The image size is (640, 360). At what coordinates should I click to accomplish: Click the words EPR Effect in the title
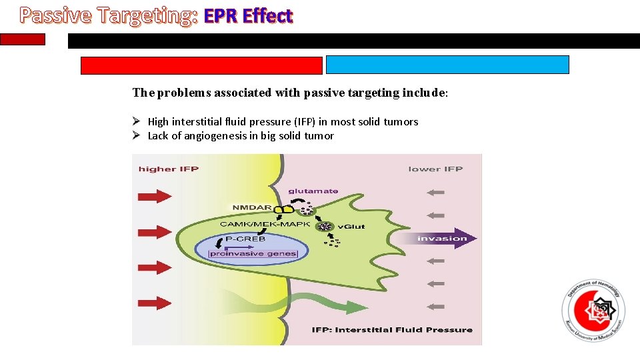point(248,16)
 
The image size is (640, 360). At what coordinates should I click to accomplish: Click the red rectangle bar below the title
point(201,65)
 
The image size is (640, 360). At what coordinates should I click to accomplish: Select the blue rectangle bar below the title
point(447,65)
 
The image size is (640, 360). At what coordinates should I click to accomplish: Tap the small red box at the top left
point(23,39)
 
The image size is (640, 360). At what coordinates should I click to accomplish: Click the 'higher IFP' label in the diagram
point(168,169)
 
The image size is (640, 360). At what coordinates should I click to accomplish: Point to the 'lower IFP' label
point(435,169)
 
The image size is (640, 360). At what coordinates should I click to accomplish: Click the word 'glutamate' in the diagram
point(313,191)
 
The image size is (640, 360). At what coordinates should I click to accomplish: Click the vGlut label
point(352,227)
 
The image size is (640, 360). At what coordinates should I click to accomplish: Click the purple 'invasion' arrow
point(441,239)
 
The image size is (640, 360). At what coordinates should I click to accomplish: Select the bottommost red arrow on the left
point(155,303)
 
